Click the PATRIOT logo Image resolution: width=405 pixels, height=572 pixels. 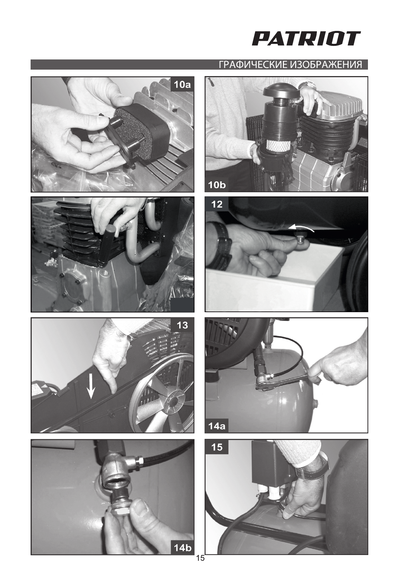point(306,39)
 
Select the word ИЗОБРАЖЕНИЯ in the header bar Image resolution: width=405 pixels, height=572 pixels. point(326,65)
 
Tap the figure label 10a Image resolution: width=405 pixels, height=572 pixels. point(182,85)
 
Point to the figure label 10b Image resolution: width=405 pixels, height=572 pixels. point(217,185)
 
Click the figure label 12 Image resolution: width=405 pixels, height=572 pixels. point(217,204)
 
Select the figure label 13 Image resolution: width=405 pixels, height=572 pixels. point(182,325)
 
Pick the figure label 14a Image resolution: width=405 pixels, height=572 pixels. point(217,426)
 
